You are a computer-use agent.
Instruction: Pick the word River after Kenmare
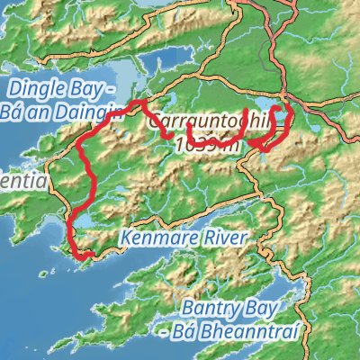pyautogui.click(x=220, y=239)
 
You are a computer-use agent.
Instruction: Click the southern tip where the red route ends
pyautogui.click(x=86, y=258)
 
